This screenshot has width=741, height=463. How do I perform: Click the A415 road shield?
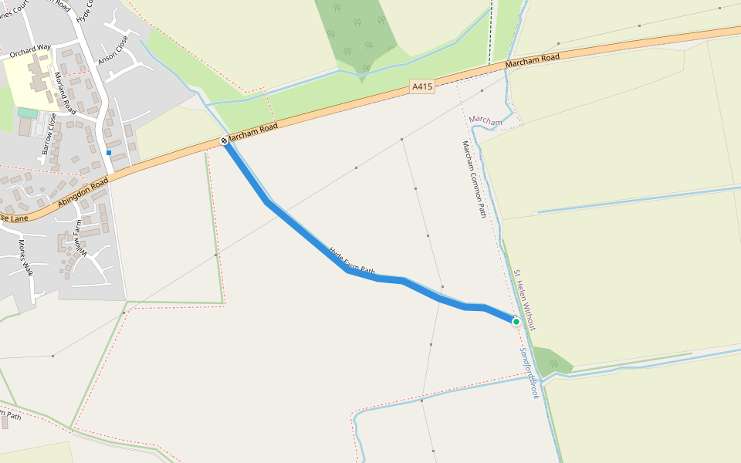422,87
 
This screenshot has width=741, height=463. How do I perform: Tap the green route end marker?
516,322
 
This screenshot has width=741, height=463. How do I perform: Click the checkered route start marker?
224,140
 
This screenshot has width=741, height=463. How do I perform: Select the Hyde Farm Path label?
352,262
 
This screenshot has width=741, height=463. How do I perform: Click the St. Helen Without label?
525,300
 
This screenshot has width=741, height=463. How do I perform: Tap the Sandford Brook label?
529,373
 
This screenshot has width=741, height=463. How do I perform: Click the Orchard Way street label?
29,52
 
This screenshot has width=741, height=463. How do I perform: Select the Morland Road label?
65,92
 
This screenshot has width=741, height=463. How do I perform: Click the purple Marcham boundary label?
485,120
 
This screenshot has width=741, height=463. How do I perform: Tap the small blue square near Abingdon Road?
109,153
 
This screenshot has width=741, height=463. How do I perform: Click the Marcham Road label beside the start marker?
254,131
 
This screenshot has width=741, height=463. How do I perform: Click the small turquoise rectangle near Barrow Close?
27,113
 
